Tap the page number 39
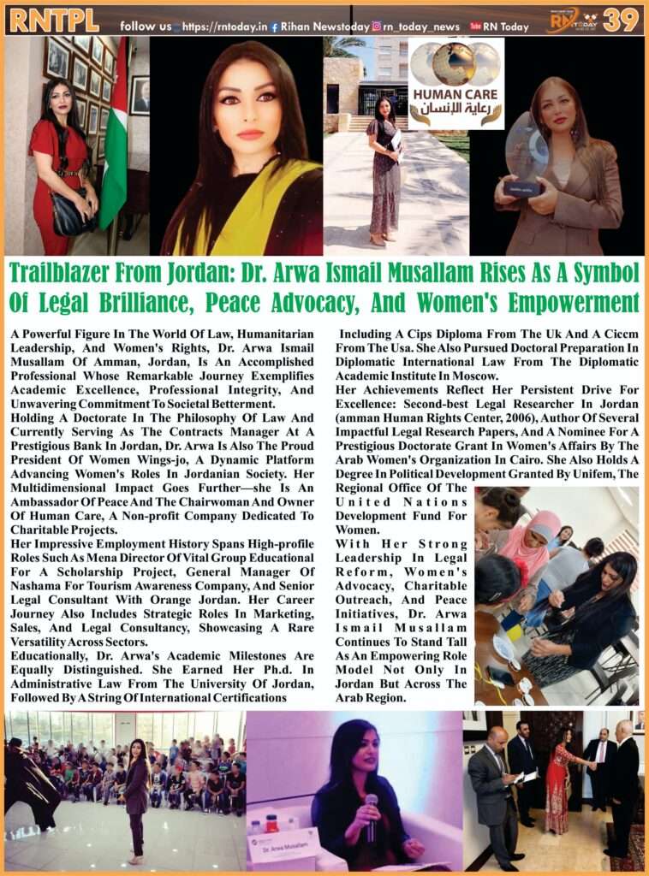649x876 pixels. (620, 20)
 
